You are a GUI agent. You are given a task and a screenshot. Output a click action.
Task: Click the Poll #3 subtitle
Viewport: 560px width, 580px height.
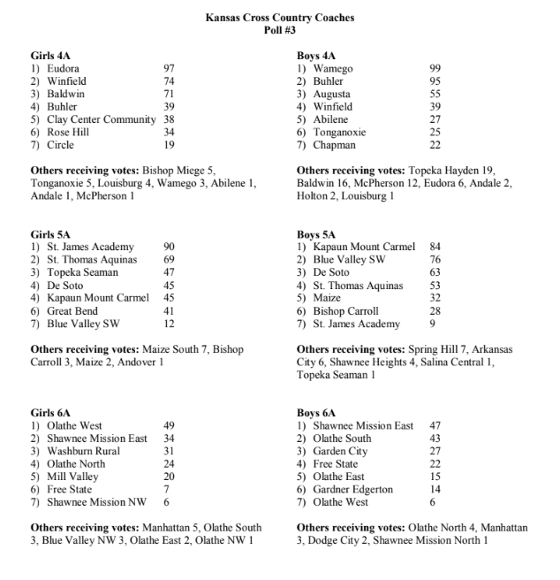click(x=279, y=30)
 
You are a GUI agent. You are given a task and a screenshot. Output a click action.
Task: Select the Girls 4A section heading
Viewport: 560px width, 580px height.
click(x=50, y=56)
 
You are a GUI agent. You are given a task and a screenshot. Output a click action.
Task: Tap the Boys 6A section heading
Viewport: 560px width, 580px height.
click(x=316, y=413)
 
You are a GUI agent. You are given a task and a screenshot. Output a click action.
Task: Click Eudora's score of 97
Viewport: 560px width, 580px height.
click(x=170, y=69)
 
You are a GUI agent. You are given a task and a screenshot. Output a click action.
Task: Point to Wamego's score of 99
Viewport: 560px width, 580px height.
click(x=435, y=69)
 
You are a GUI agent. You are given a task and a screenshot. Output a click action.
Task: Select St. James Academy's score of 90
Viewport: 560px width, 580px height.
click(x=170, y=248)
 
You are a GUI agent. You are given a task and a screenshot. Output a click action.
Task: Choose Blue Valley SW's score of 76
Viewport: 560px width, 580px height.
click(x=435, y=260)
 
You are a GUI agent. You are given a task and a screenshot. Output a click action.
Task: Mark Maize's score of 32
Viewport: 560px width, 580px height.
click(x=435, y=299)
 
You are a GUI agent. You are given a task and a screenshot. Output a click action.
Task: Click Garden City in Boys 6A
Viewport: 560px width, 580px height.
click(x=340, y=451)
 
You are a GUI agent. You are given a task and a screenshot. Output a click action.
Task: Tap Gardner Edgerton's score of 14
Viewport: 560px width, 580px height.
click(x=435, y=490)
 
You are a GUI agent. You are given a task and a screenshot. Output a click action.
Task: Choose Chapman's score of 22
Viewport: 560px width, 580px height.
click(x=435, y=145)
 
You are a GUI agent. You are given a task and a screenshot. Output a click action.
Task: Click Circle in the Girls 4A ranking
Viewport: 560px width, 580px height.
click(x=61, y=145)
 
